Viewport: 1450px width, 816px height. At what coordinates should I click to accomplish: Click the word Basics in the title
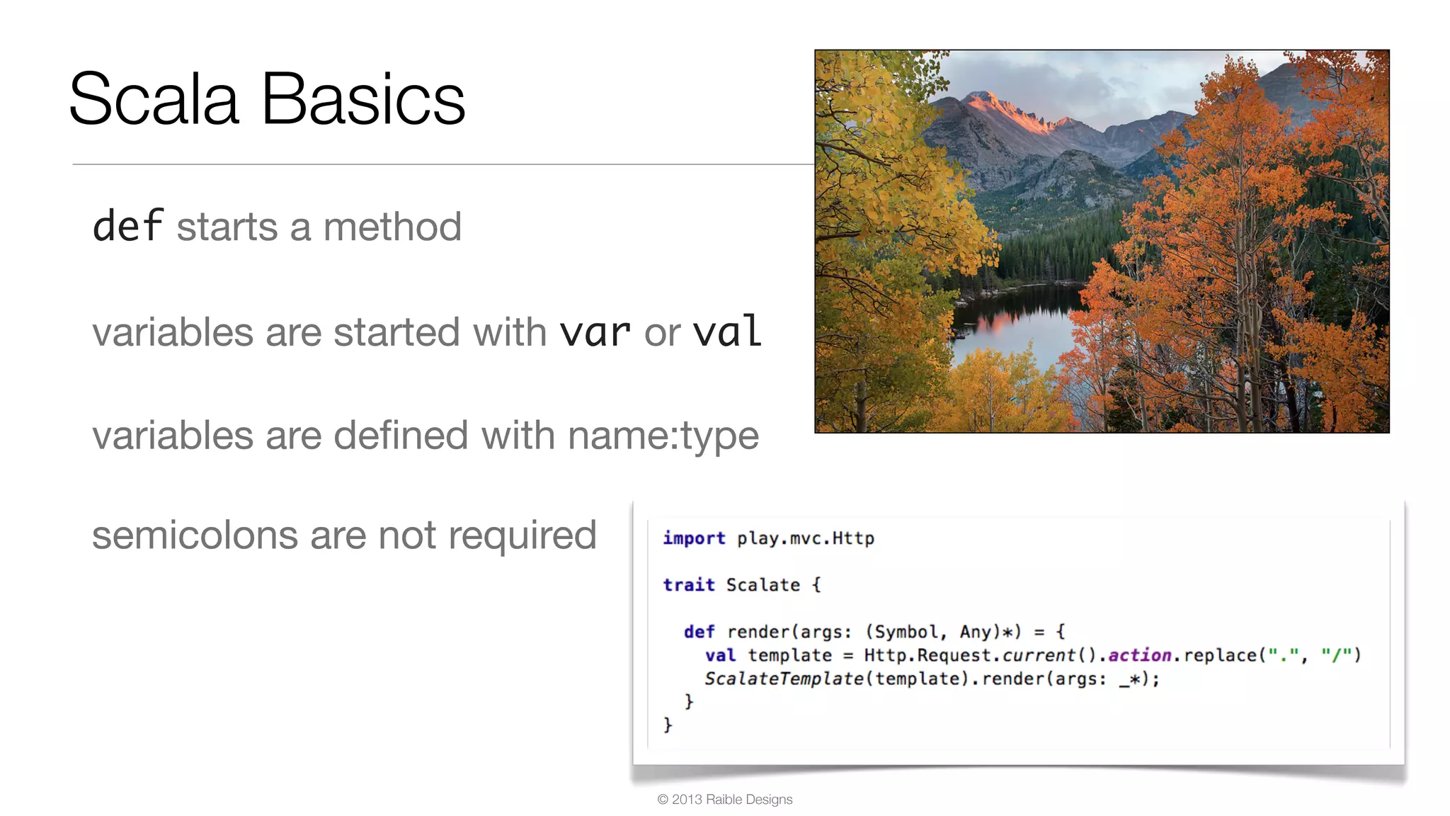coord(363,99)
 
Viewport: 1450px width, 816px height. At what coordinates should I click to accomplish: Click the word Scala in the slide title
coord(154,99)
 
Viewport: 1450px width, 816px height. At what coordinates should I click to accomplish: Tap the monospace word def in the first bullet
coord(128,227)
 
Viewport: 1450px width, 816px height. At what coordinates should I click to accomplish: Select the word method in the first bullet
coord(392,227)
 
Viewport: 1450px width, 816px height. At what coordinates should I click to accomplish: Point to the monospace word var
coord(595,332)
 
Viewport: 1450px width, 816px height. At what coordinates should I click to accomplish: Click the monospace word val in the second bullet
coord(727,331)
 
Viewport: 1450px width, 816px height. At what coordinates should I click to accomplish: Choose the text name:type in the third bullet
coord(663,436)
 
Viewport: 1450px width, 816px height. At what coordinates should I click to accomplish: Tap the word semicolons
coord(195,535)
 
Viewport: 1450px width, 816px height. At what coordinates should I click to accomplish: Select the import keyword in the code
coord(694,538)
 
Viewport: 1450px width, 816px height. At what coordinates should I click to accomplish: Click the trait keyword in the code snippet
coord(688,585)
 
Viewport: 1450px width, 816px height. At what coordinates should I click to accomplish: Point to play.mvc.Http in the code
coord(806,538)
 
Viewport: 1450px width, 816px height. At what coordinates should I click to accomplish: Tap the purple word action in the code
coord(1139,655)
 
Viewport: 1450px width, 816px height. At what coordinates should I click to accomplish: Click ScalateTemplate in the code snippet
coord(784,679)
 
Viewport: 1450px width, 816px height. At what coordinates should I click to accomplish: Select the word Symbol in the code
coord(906,632)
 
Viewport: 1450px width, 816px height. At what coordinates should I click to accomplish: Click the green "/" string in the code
coord(1336,655)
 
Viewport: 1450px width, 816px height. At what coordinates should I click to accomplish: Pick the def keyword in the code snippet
coord(699,632)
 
